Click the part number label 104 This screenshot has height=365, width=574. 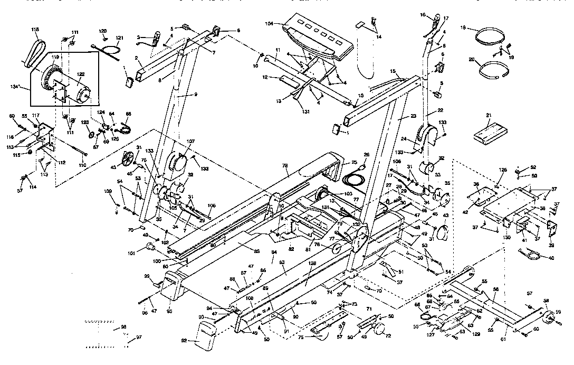[270, 24]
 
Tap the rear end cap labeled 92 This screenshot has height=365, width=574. [203, 337]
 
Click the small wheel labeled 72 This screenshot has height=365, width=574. [379, 331]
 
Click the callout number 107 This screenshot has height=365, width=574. [190, 141]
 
